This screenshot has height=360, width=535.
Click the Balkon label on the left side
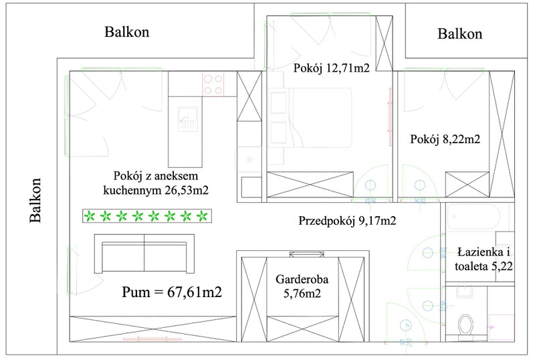pos(35,200)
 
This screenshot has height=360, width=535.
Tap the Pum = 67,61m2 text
pos(172,292)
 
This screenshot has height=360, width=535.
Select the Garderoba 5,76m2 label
pos(302,286)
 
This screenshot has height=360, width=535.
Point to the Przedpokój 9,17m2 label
pos(347,221)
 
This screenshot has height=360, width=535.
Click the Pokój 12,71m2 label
pos(331,68)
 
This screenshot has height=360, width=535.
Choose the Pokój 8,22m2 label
pos(445,139)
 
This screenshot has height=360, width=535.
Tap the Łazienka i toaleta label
pos(484,259)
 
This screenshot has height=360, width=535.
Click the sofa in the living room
pos(144,254)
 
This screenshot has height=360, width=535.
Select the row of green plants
pos(147,216)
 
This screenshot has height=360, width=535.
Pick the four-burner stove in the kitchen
pos(213,84)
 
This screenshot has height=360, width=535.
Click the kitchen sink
pos(187,119)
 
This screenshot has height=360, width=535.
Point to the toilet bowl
pos(465,325)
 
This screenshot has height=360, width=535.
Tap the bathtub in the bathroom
pos(473,217)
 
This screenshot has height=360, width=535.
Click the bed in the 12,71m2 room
pos(310,118)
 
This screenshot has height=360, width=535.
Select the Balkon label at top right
pos(460,34)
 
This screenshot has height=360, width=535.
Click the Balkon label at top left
pos(127,31)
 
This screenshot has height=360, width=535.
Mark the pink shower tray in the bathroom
pos(501,327)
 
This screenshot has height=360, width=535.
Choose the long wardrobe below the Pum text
pos(153,329)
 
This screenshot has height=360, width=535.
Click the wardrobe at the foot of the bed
pos(310,185)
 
